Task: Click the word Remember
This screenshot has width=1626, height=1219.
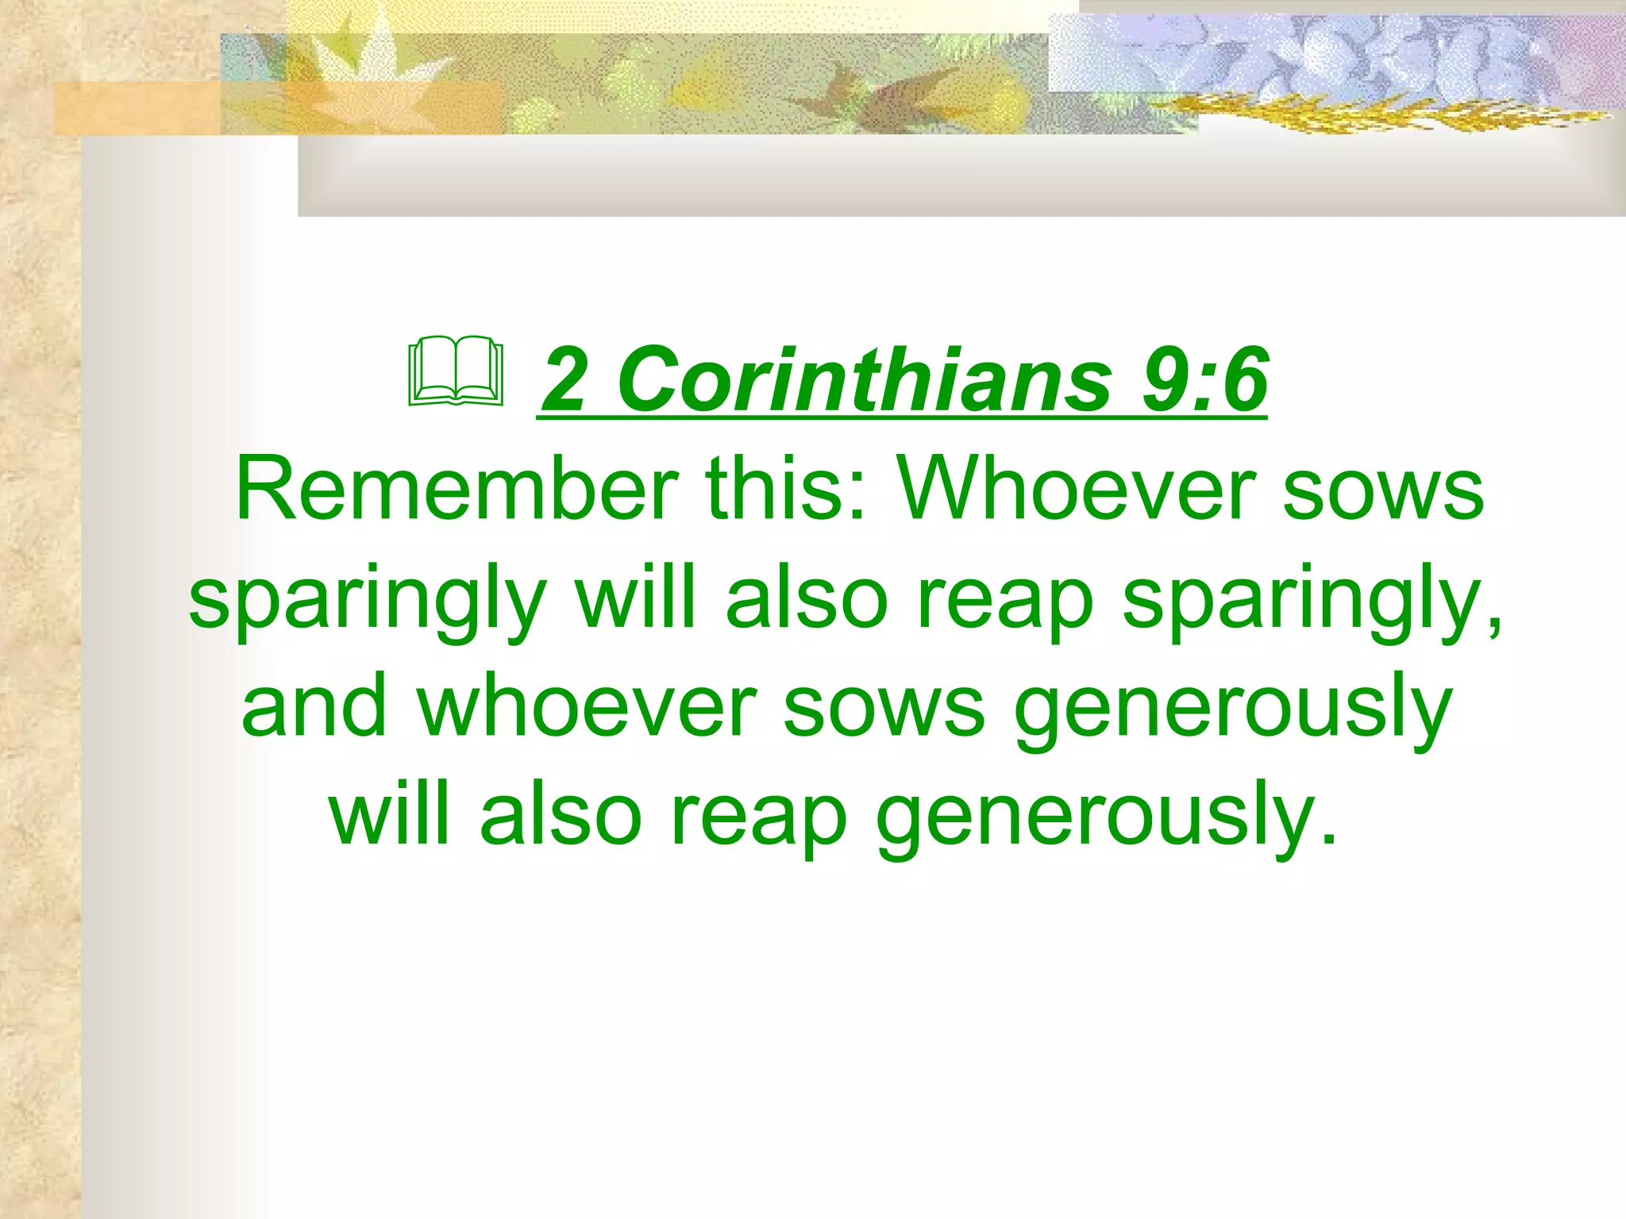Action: pyautogui.click(x=457, y=489)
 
